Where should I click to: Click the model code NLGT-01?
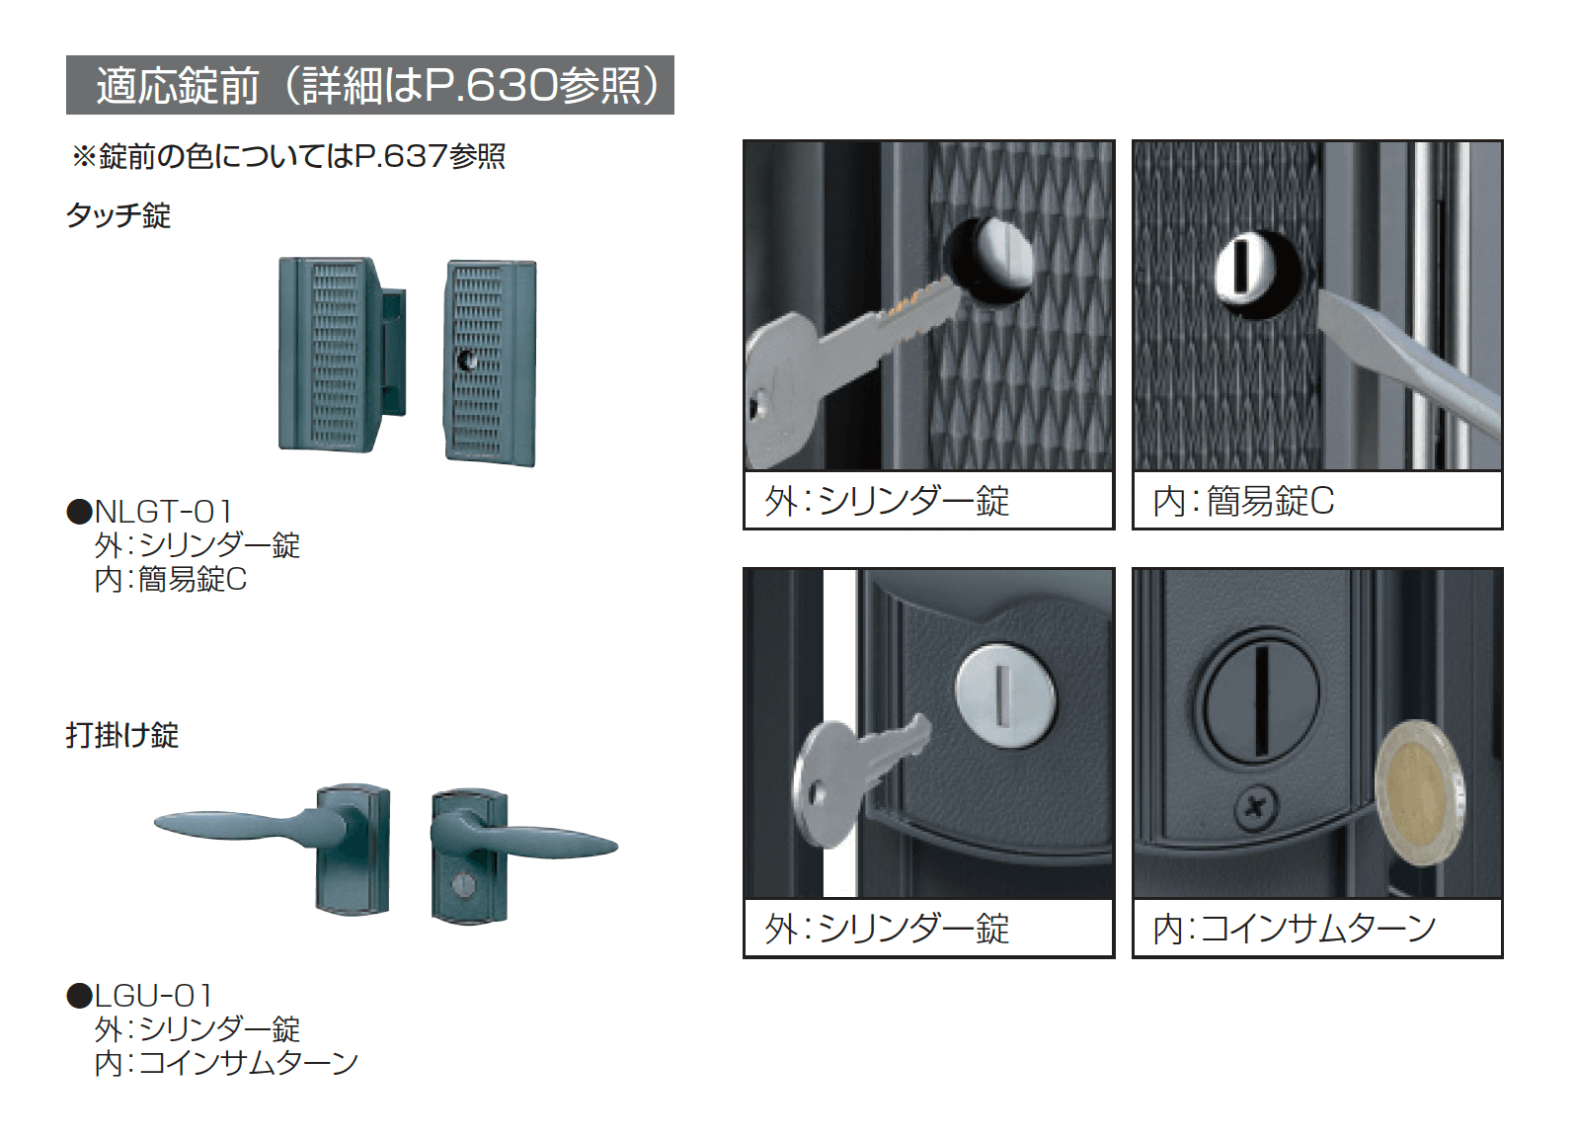tap(163, 512)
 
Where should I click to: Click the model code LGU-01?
tap(154, 996)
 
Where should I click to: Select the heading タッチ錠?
tap(118, 215)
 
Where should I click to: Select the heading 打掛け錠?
tap(122, 735)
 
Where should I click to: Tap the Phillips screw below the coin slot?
tap(1256, 809)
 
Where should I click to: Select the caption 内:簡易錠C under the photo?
tap(1243, 502)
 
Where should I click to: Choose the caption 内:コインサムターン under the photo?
tap(1294, 929)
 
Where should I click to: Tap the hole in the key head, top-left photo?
tap(758, 406)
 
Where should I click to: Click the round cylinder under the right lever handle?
tap(463, 885)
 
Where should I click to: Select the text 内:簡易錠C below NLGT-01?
tap(171, 579)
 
